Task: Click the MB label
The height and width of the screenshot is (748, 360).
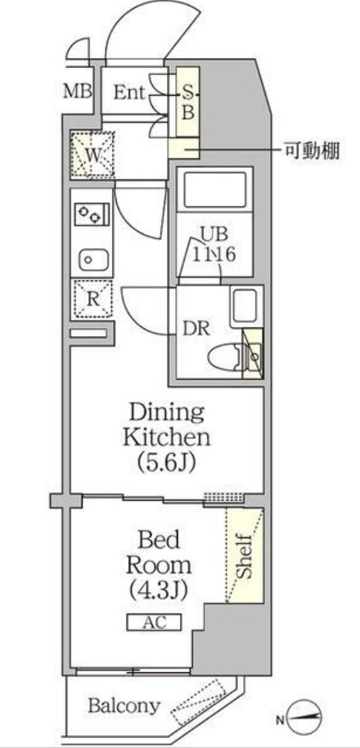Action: click(x=78, y=91)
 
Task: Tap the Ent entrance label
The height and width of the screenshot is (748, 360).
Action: click(x=129, y=92)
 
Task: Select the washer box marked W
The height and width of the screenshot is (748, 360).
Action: click(x=93, y=155)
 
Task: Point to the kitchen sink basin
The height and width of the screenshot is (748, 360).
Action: click(x=93, y=260)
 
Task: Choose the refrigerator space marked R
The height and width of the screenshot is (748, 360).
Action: click(x=92, y=300)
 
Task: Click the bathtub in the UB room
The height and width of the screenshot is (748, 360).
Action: click(x=215, y=190)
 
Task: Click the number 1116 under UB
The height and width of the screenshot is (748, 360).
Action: click(x=214, y=254)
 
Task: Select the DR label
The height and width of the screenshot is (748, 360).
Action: click(x=196, y=328)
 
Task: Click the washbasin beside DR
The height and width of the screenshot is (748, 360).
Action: click(x=246, y=305)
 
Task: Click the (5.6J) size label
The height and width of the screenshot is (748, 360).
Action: click(x=166, y=462)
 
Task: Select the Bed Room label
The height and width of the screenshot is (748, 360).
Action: click(x=159, y=552)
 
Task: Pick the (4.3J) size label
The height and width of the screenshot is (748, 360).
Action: click(x=158, y=590)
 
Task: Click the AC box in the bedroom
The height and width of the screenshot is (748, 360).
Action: click(x=154, y=622)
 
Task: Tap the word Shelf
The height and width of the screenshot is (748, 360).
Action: click(x=244, y=556)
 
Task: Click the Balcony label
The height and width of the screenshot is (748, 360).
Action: click(x=124, y=705)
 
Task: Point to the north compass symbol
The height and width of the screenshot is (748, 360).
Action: click(x=304, y=716)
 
